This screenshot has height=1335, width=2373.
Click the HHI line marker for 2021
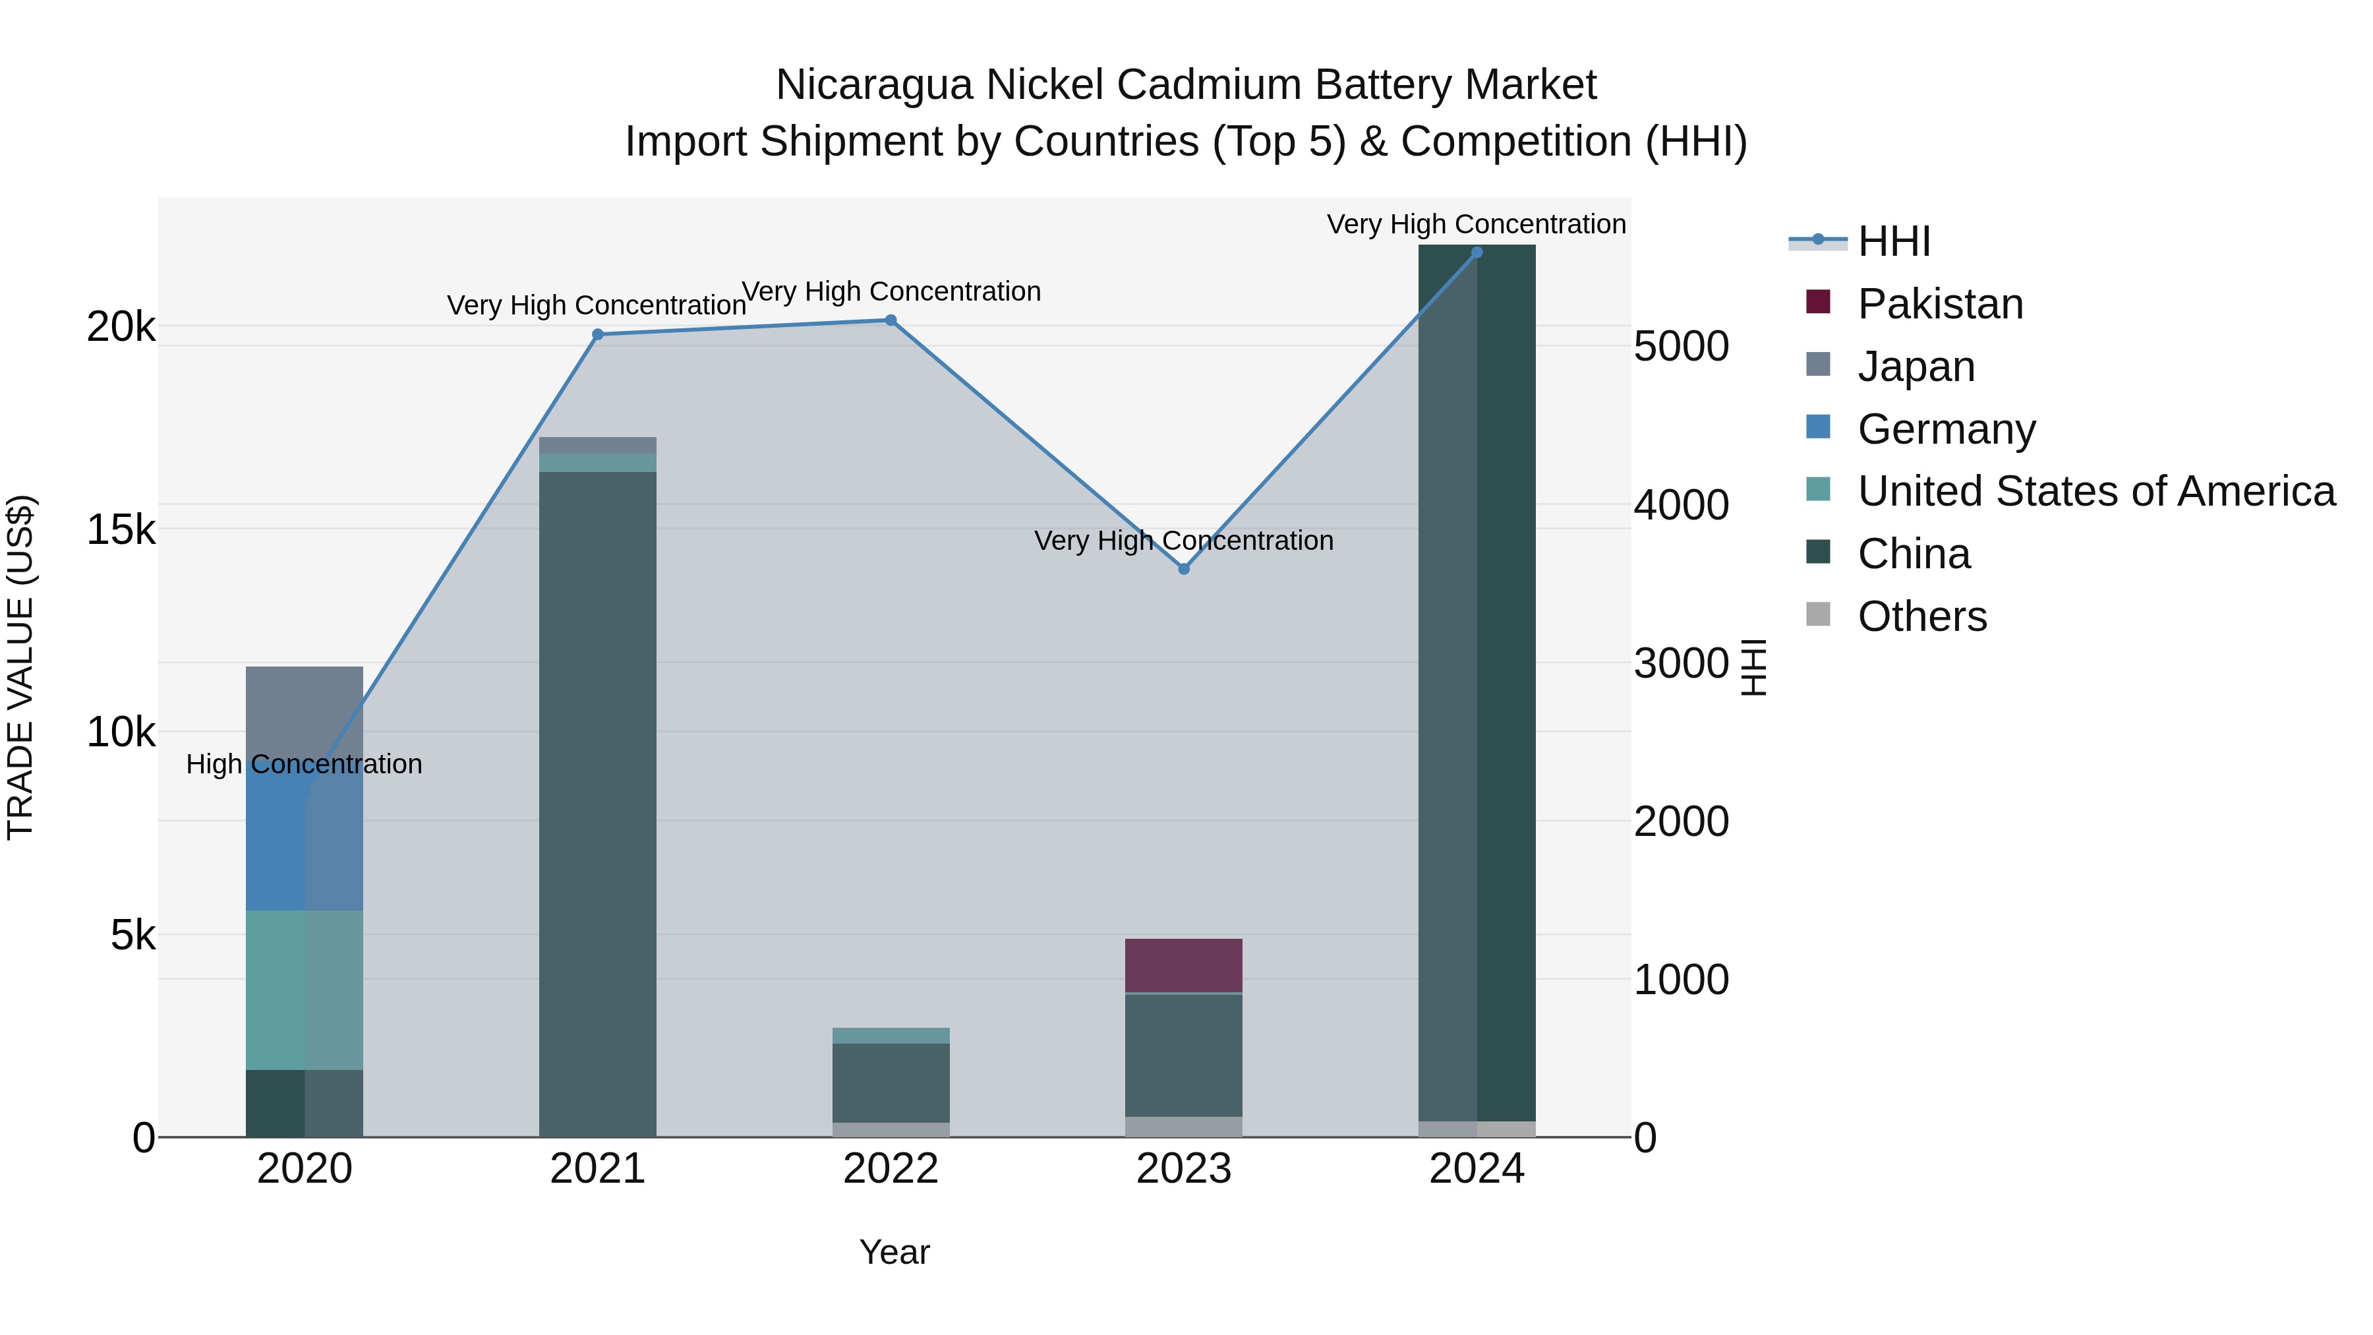click(x=598, y=334)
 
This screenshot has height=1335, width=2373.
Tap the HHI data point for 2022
click(x=891, y=320)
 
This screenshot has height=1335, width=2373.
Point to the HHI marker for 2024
click(x=1477, y=252)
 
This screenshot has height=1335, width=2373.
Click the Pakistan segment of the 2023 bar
click(x=1184, y=966)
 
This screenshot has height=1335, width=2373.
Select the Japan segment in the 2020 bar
click(x=305, y=709)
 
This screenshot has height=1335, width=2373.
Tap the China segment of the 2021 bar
click(x=598, y=802)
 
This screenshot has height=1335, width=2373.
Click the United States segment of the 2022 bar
click(x=891, y=1036)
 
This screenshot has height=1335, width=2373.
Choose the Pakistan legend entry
click(x=1940, y=304)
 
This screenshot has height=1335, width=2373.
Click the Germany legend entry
click(x=1946, y=429)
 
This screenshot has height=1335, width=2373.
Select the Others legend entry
click(x=1921, y=616)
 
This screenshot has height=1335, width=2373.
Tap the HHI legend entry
click(x=1893, y=241)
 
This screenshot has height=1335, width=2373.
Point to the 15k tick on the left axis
click(x=121, y=530)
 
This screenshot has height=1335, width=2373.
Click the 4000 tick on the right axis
click(x=1681, y=505)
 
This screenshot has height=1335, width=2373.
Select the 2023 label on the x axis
click(x=1184, y=1169)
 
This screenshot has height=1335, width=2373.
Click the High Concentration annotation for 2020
click(x=304, y=764)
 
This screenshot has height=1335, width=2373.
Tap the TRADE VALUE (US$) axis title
click(x=20, y=667)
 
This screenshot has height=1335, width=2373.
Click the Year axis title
click(x=894, y=1252)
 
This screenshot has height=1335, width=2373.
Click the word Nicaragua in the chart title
click(x=874, y=85)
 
